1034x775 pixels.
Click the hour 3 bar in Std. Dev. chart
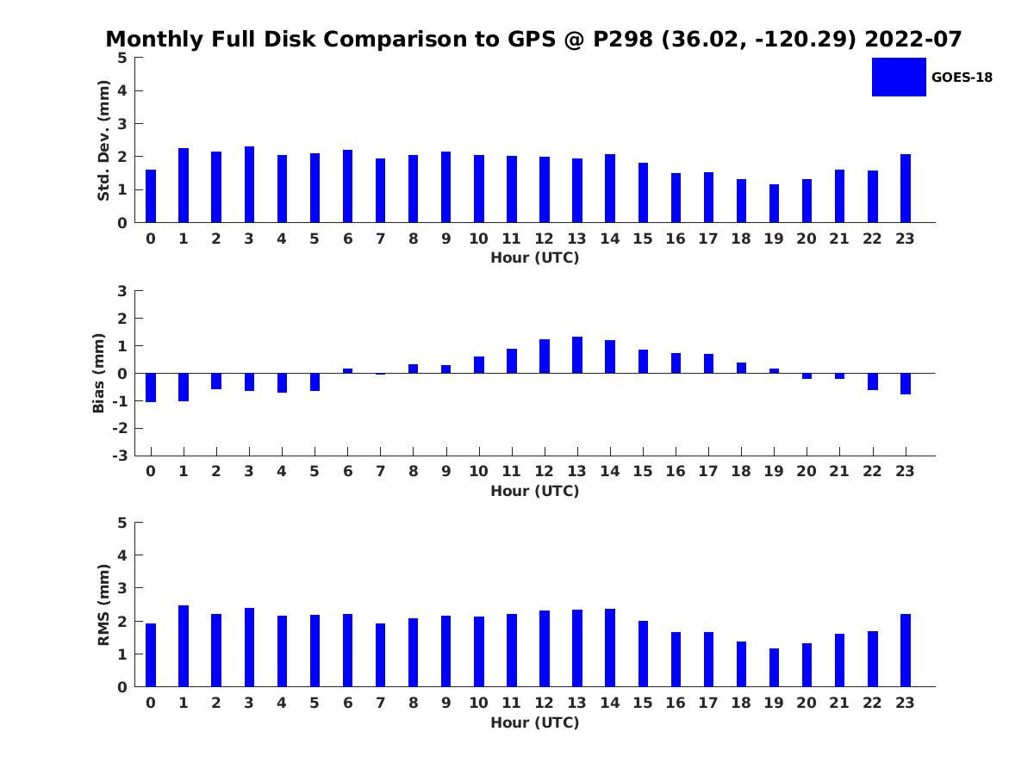pos(249,184)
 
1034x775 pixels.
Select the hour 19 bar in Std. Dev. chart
pos(774,203)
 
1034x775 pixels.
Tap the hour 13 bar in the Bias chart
pos(577,356)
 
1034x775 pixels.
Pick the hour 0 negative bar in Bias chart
pos(151,387)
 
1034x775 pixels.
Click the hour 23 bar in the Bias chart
pos(906,384)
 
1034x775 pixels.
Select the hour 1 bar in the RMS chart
pos(184,646)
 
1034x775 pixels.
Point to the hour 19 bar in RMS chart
pos(774,667)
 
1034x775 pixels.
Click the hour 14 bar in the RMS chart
pos(610,648)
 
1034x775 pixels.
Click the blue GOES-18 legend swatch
pos(899,77)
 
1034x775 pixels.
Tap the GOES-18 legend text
pos(962,77)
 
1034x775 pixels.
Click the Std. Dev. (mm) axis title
pos(103,140)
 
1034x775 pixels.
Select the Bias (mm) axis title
pos(98,373)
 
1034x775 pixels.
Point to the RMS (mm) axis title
pos(103,605)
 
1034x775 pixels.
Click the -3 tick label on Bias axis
pos(120,456)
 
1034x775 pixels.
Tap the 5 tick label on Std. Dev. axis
pos(122,58)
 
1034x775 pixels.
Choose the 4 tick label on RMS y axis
pos(122,555)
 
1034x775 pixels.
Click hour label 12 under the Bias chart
pos(544,471)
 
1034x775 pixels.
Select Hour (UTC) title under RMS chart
pos(535,722)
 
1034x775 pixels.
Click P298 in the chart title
pos(623,39)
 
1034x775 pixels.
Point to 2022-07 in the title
pos(913,39)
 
